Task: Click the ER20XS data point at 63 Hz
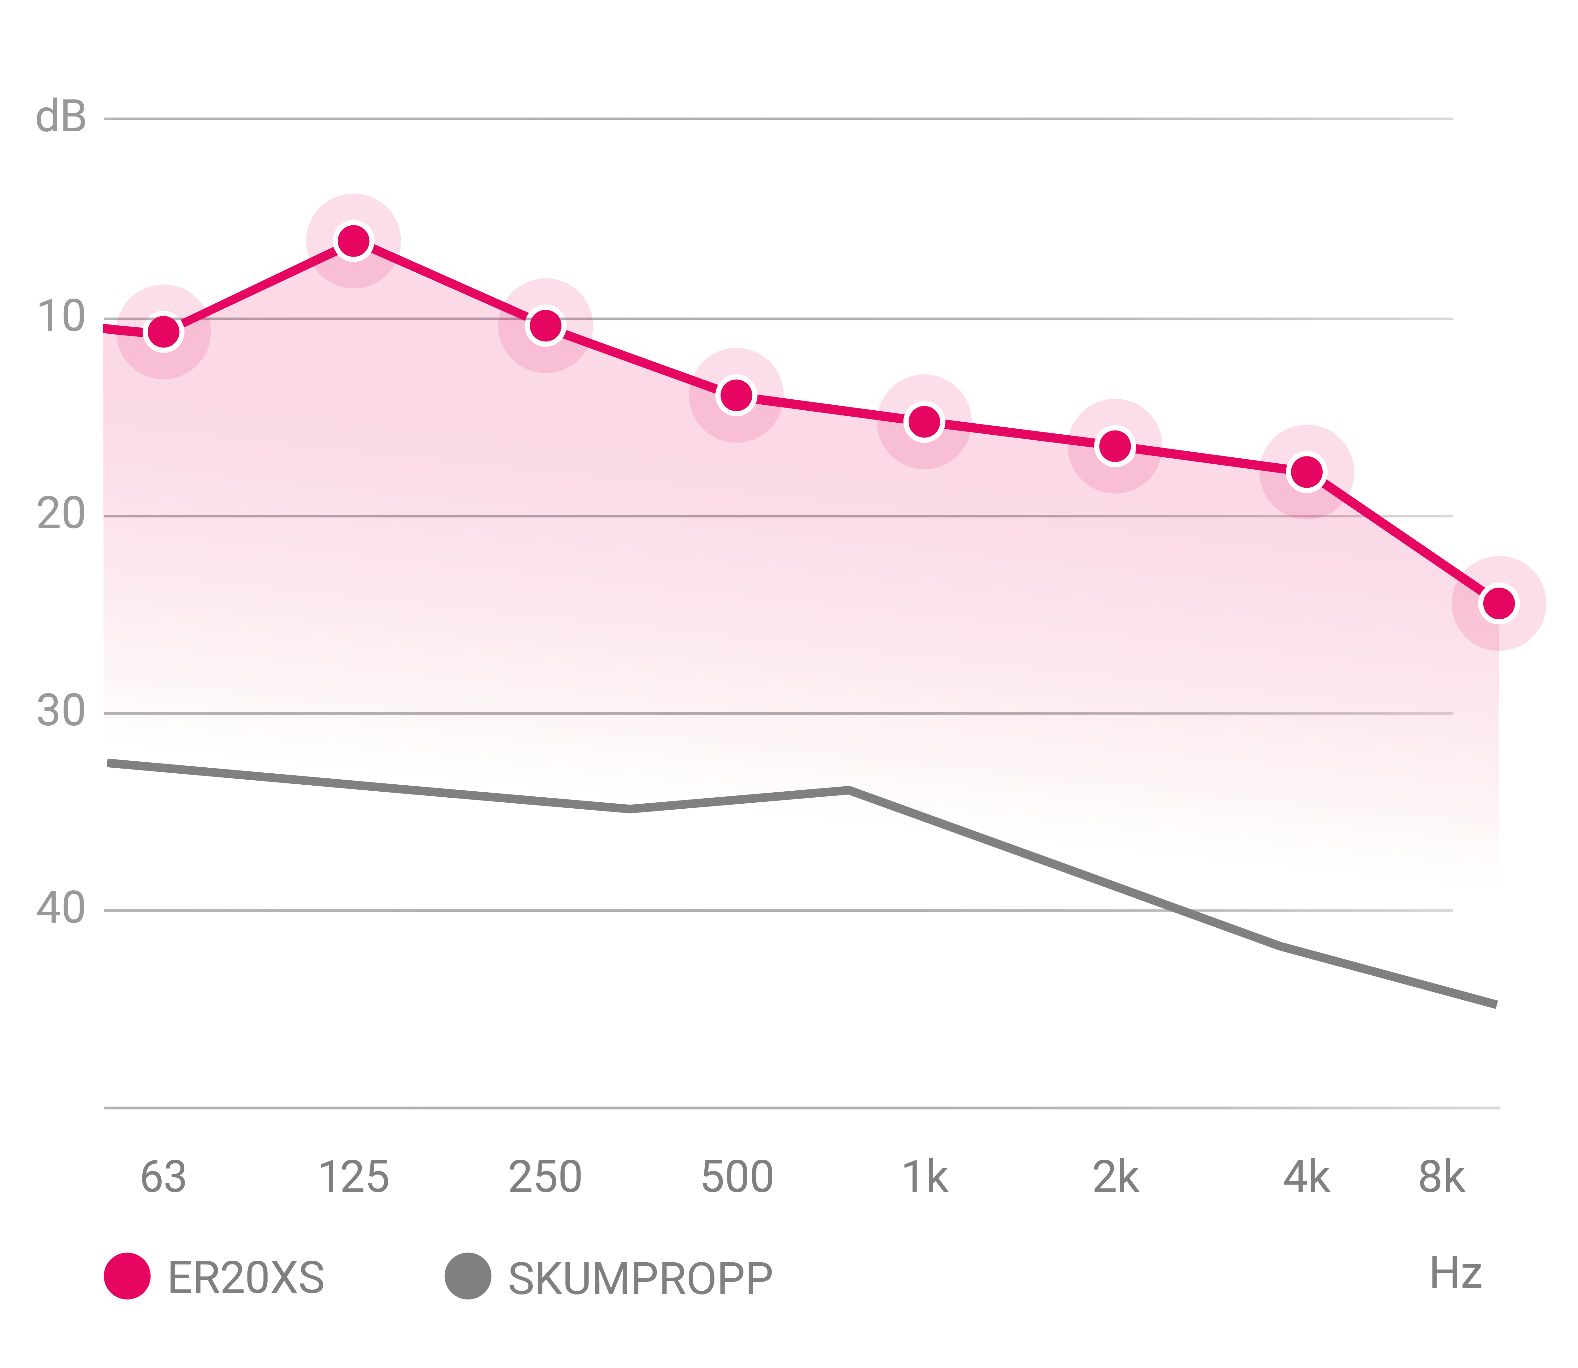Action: pos(163,331)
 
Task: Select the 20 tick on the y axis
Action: pos(61,514)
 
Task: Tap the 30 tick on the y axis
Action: pos(61,711)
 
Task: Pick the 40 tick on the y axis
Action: pos(61,908)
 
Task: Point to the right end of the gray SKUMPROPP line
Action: pos(1495,1004)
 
